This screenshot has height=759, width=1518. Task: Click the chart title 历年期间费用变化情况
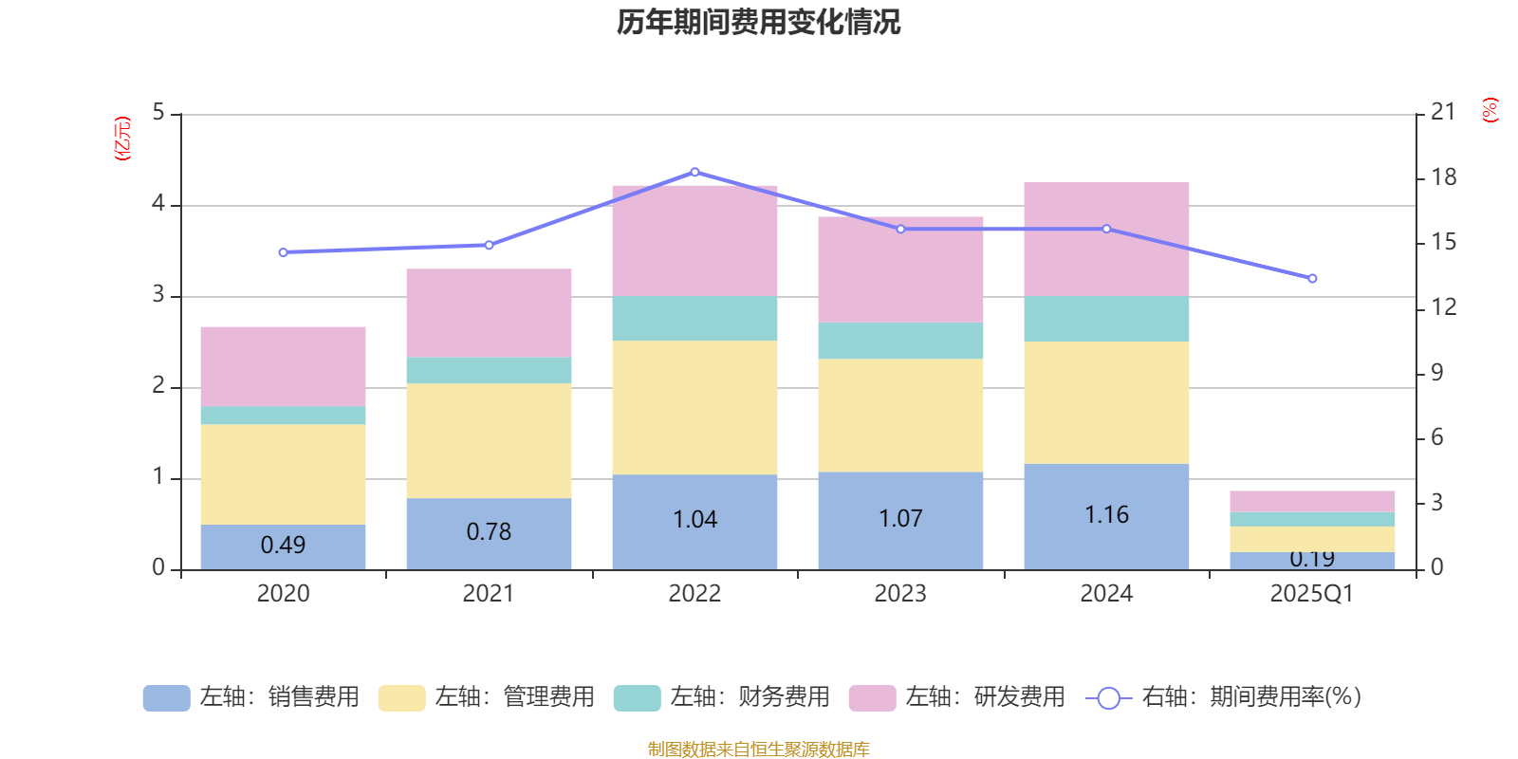[x=758, y=22]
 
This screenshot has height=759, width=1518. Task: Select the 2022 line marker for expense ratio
[x=694, y=172]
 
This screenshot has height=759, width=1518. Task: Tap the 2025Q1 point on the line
[x=1312, y=278]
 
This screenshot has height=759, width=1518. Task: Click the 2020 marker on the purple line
[x=283, y=252]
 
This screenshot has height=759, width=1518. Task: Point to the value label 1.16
[x=1106, y=514]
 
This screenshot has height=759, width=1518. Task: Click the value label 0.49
[x=283, y=545]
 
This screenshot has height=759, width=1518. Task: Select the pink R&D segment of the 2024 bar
[x=1106, y=238]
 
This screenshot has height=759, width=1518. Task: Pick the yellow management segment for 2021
[x=489, y=440]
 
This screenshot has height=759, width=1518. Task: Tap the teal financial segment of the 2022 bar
[x=694, y=318]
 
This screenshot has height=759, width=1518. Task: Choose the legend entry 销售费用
[x=251, y=697]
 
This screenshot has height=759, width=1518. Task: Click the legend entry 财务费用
[x=722, y=697]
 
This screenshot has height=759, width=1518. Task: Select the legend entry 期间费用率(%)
[x=1224, y=697]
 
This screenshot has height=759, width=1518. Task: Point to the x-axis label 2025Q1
[x=1312, y=594]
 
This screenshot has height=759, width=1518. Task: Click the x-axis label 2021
[x=489, y=594]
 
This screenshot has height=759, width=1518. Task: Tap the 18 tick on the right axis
[x=1443, y=177]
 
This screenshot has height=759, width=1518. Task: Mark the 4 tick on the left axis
[x=158, y=204]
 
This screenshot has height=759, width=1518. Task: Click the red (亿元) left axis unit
[x=121, y=139]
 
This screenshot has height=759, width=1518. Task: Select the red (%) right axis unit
[x=1490, y=110]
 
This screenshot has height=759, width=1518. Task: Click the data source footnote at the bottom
[x=758, y=750]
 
